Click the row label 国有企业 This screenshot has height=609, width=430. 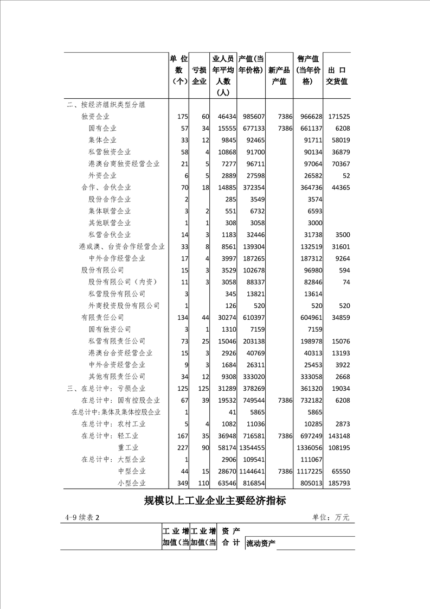(102, 129)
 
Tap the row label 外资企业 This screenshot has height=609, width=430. (102, 176)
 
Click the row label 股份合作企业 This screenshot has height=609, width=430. (110, 199)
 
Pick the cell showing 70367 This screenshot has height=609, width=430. (338, 164)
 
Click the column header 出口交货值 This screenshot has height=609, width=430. (337, 76)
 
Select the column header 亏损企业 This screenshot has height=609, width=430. (199, 76)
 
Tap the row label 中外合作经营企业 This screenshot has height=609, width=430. (117, 258)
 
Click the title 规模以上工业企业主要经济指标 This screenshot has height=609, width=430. (215, 501)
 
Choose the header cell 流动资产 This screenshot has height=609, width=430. (261, 543)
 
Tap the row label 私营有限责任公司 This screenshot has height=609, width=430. (117, 341)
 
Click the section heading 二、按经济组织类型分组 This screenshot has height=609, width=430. (106, 105)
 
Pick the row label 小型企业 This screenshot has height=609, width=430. (132, 483)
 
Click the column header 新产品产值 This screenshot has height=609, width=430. (279, 76)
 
